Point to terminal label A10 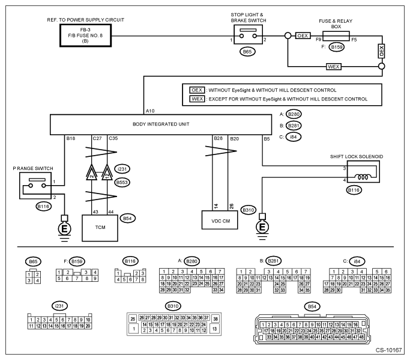(150, 111)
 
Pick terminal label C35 (113, 139)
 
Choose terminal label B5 (266, 139)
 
